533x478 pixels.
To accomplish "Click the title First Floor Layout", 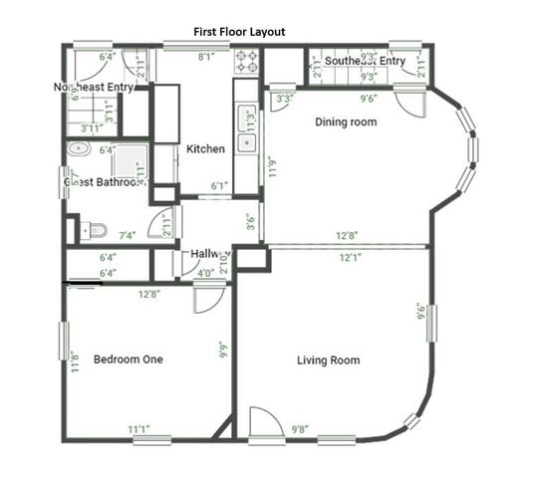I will (x=239, y=32).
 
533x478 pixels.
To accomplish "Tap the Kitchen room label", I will (x=205, y=149).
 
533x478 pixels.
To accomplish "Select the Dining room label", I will (x=346, y=122).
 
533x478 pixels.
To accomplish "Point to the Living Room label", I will (x=328, y=359).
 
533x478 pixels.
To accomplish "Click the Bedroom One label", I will (x=128, y=358).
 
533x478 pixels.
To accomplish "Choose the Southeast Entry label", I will (x=365, y=62).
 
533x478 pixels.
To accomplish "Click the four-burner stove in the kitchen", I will (x=246, y=62).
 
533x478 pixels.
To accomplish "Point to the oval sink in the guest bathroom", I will (x=80, y=149).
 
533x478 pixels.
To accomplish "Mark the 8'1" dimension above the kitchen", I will (x=205, y=58).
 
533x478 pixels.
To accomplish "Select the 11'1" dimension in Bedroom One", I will (x=139, y=429).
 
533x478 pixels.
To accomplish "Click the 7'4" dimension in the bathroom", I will (x=127, y=236).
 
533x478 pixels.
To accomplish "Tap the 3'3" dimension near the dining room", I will (x=284, y=99).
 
